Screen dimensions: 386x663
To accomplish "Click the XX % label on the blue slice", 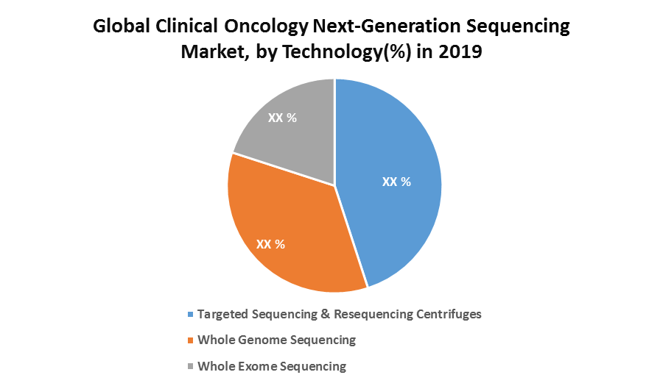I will coord(396,182).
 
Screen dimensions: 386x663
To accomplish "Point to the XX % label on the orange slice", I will coord(270,244).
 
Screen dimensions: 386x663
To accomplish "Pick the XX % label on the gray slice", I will coord(282,118).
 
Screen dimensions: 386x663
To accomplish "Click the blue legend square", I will coord(192,315).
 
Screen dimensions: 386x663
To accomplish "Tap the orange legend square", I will coord(192,340).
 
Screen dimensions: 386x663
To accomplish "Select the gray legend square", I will coord(192,366).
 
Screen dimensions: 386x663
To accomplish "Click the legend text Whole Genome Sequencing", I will coord(277,340).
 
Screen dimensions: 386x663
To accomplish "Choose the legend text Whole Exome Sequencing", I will coord(272,365).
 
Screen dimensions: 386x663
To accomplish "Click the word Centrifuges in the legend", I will coord(446,314).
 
